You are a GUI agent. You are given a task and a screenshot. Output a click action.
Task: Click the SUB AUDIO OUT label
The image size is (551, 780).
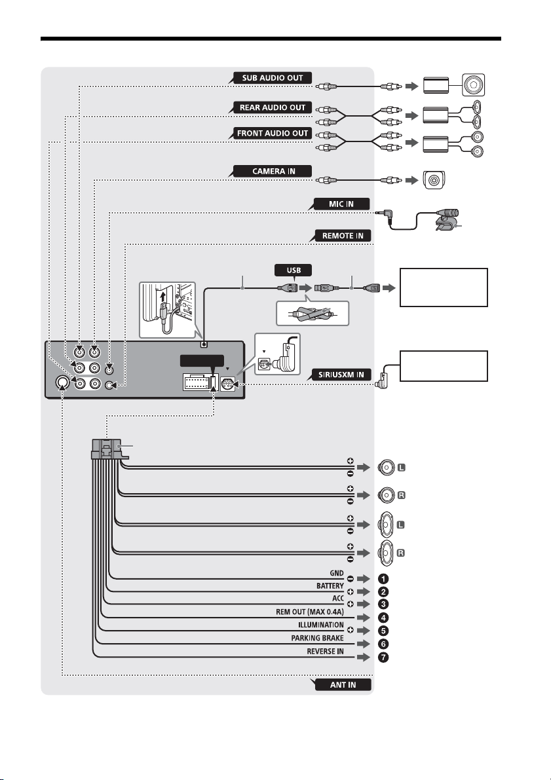pos(273,78)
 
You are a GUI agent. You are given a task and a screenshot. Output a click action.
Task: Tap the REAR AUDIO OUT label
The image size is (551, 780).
pos(273,107)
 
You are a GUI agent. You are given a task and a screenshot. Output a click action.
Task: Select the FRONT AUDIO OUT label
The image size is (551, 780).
pos(273,134)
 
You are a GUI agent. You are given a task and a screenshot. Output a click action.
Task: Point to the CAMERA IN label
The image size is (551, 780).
pos(273,171)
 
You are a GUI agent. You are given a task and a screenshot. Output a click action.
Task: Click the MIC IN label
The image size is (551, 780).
pos(341,204)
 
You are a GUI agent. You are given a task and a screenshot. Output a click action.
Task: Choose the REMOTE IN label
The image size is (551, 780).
pos(343,236)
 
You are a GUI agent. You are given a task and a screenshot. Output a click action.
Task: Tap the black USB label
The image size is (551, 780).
pos(294,270)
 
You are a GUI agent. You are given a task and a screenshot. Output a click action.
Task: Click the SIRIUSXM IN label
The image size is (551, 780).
pos(341,375)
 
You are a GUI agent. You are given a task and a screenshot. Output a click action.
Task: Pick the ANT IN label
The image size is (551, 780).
pos(343,684)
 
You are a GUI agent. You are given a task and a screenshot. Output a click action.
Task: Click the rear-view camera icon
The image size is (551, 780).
pos(434,180)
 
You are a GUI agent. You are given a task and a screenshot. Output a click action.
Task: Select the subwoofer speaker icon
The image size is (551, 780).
pos(473,85)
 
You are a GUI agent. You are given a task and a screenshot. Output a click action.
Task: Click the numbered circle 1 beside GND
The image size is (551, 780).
pos(383,579)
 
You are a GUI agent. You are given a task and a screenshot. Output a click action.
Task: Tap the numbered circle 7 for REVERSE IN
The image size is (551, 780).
pos(383,657)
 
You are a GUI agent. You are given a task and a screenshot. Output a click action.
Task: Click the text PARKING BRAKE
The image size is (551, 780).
pos(317,638)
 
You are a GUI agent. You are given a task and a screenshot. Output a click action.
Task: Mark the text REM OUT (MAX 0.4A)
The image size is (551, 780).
pos(310,612)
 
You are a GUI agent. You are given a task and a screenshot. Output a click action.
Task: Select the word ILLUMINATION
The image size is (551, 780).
pos(320,625)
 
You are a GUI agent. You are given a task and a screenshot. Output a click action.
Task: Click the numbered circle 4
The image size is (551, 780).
pos(383,618)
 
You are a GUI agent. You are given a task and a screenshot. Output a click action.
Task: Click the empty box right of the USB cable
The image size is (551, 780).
pos(444,288)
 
